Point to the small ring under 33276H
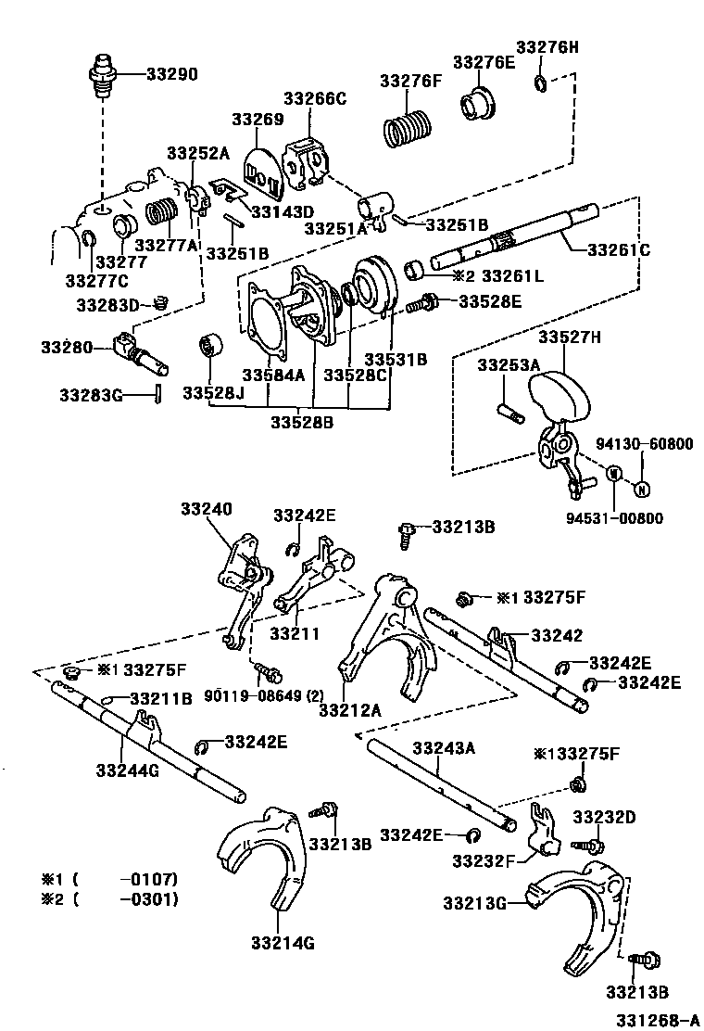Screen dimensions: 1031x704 541,85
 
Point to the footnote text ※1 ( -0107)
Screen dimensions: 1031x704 108,879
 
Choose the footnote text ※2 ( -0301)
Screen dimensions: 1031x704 108,898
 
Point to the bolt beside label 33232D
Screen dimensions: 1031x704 591,845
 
